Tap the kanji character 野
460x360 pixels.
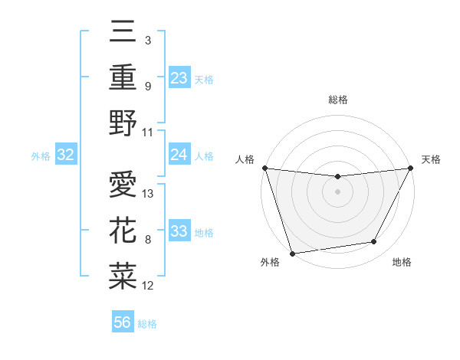123,123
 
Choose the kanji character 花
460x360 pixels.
123,230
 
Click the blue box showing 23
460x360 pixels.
179,78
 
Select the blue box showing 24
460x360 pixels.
179,155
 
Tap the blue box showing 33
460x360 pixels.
179,231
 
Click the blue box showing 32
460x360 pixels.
65,155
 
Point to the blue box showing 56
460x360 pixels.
123,322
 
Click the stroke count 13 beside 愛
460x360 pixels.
149,194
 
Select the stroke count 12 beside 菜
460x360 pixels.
149,286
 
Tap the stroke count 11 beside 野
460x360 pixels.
149,132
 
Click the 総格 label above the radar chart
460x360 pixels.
337,100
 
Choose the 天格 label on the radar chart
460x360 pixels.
431,159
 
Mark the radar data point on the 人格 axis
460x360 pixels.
264,168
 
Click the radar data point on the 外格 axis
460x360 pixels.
292,253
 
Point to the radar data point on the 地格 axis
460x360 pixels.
374,242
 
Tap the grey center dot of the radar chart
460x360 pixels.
337,191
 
